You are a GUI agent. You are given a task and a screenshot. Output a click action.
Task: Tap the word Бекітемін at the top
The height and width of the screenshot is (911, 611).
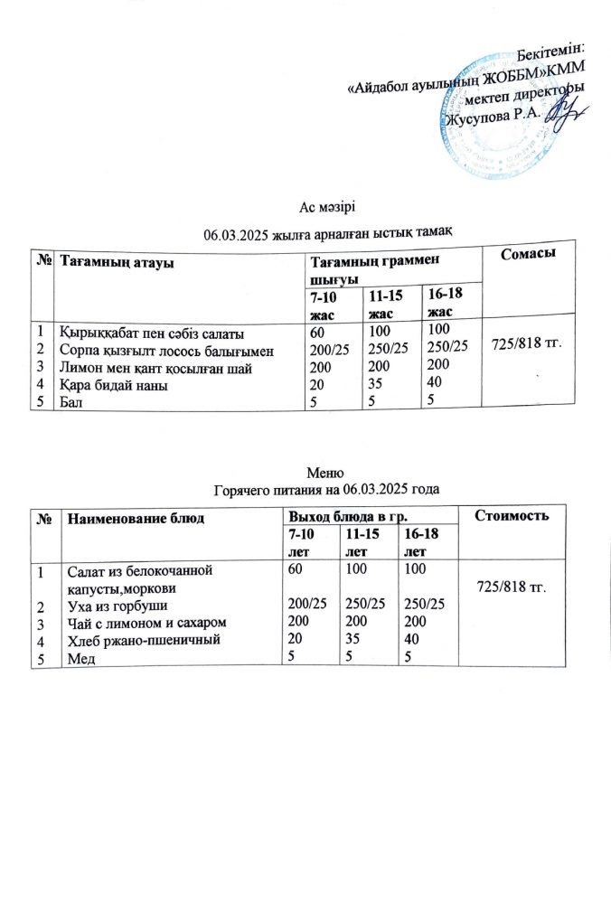550,46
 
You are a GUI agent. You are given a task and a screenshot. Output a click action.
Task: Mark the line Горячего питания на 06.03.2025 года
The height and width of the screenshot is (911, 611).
325,490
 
